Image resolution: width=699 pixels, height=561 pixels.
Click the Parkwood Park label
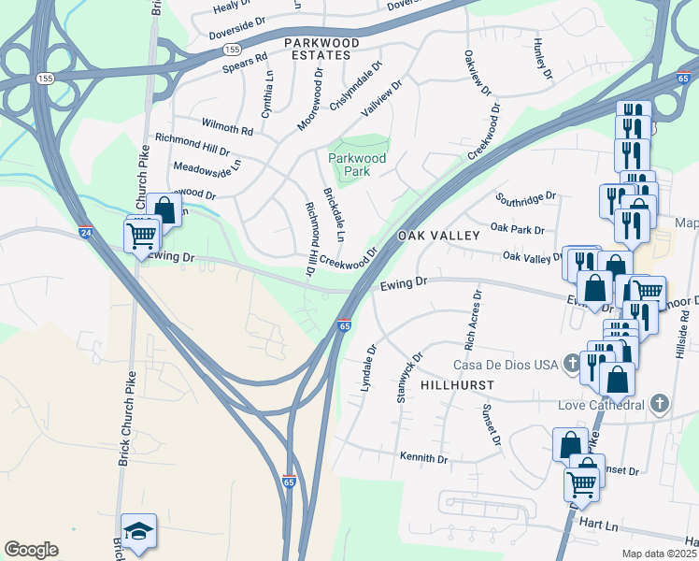click(357, 165)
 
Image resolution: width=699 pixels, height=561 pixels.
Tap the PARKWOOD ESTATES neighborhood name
click(322, 50)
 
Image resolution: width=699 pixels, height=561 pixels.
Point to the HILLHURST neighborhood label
click(455, 385)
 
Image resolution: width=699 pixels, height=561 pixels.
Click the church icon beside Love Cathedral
click(660, 404)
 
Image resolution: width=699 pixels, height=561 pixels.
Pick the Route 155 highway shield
click(233, 48)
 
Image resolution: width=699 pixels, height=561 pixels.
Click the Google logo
click(31, 550)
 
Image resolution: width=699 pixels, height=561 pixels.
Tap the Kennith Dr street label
click(423, 459)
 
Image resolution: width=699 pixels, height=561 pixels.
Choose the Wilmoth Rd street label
click(227, 127)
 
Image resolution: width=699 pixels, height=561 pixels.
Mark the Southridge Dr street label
click(526, 198)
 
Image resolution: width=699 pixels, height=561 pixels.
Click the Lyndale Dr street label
click(366, 368)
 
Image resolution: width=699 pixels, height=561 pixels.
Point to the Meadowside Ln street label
click(207, 167)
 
